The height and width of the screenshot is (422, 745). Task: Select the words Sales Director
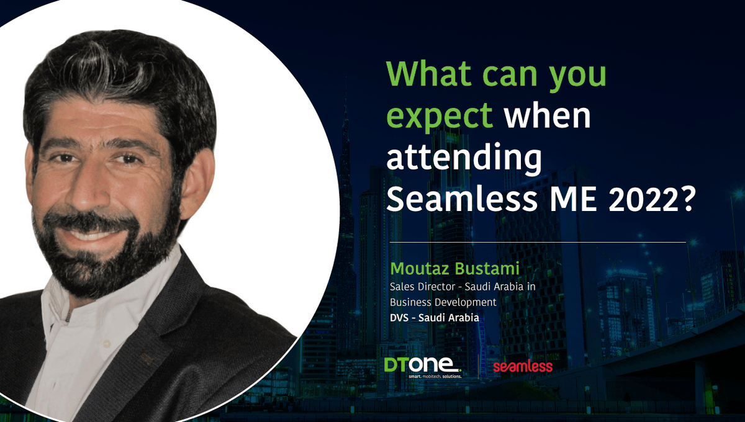[420, 287]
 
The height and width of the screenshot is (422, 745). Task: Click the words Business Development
[443, 302]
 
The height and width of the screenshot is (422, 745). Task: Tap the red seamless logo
[523, 367]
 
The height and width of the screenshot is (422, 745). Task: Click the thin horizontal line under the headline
[537, 242]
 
